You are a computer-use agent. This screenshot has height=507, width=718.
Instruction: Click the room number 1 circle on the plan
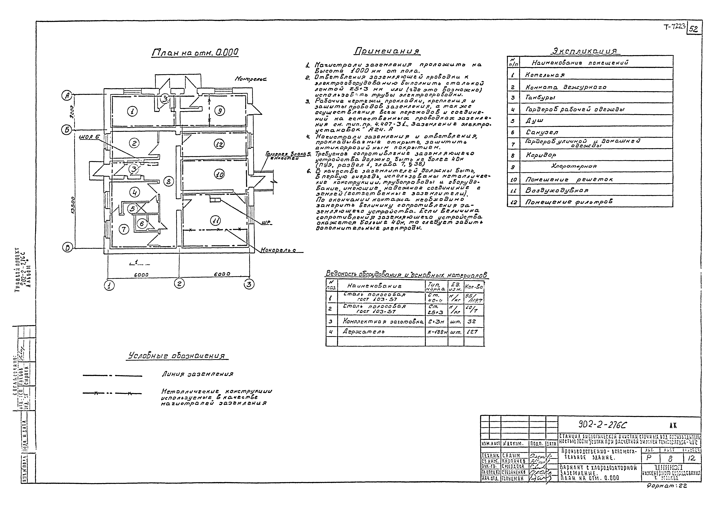[x=133, y=111]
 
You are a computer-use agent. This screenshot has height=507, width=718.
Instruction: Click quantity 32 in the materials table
[x=472, y=321]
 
